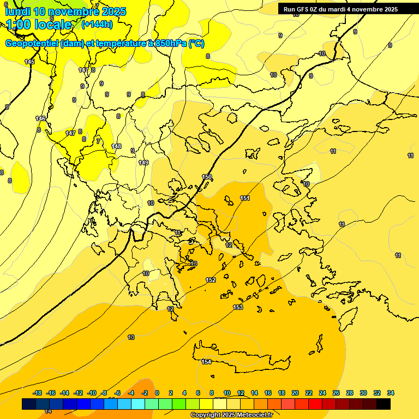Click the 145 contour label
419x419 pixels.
pyautogui.click(x=29, y=62)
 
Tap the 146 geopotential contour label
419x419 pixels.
pyautogui.click(x=40, y=118)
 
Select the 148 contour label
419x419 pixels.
pyautogui.click(x=116, y=146)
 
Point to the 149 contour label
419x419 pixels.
pyautogui.click(x=143, y=163)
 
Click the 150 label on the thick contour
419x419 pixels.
pyautogui.click(x=207, y=177)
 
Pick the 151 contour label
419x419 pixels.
pyautogui.click(x=245, y=198)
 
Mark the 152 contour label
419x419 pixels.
pyautogui.click(x=211, y=280)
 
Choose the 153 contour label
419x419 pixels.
pyautogui.click(x=238, y=307)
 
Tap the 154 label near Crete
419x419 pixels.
pyautogui.click(x=206, y=362)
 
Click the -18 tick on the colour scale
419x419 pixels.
pyautogui.click(x=38, y=393)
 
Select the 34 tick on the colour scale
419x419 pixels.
pyautogui.click(x=391, y=393)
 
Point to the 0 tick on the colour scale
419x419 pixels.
pyautogui.click(x=157, y=393)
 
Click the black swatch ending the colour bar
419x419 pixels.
pyautogui.click(x=384, y=404)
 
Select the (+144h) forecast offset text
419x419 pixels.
pyautogui.click(x=97, y=25)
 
